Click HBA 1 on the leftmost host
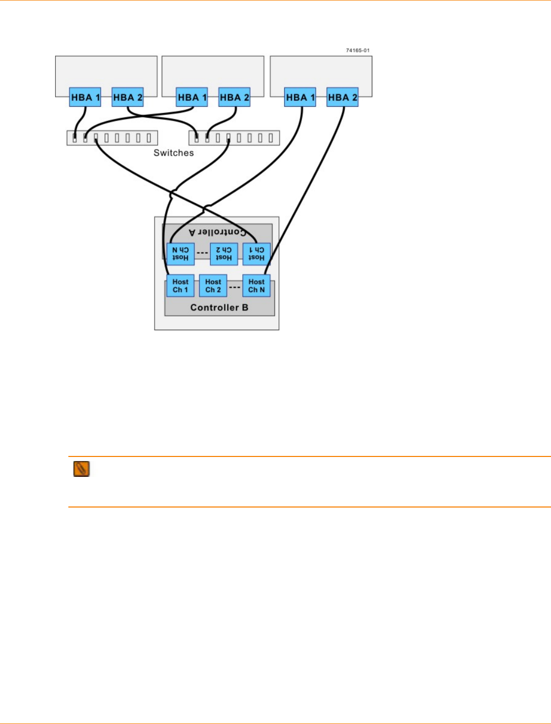click(x=85, y=97)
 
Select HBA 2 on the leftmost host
click(x=128, y=97)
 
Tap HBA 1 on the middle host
click(x=192, y=97)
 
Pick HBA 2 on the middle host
click(x=234, y=97)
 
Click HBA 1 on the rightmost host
click(x=300, y=97)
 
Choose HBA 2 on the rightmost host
click(x=342, y=97)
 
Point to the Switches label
click(x=173, y=153)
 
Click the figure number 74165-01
click(x=358, y=51)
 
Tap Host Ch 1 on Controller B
click(x=180, y=286)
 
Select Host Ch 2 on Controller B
click(x=213, y=286)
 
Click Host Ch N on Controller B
click(x=257, y=286)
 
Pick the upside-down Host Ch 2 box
click(x=223, y=254)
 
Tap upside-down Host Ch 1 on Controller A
click(x=256, y=254)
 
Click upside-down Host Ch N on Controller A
click(x=180, y=254)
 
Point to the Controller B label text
click(x=219, y=307)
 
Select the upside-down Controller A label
click(x=217, y=232)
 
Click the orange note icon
click(x=82, y=469)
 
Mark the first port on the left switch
click(x=74, y=138)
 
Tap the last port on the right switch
click(x=271, y=138)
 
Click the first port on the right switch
click(x=196, y=138)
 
